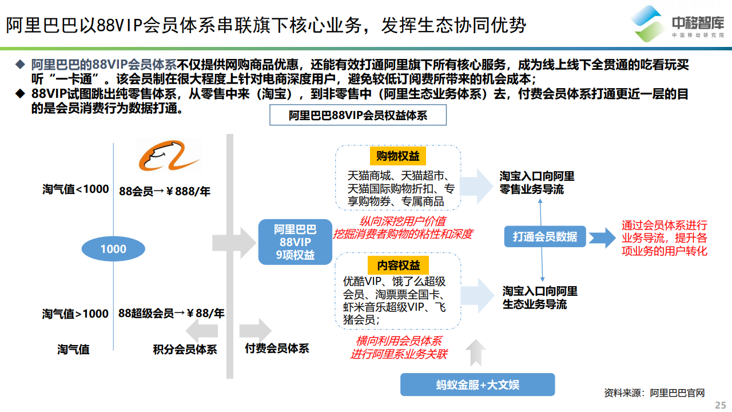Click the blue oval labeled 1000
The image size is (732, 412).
(x=113, y=249)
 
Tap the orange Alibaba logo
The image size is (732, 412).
(x=169, y=155)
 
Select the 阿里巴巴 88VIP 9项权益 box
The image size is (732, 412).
(x=295, y=242)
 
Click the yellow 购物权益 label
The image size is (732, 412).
(x=397, y=156)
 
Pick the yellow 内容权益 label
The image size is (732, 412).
(x=399, y=265)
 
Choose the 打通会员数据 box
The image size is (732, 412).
(x=545, y=236)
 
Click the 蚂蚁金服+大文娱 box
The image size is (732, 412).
(x=478, y=385)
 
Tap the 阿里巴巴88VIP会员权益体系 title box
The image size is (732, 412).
(x=358, y=115)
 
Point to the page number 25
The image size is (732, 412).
(x=720, y=405)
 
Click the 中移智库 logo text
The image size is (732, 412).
(x=698, y=23)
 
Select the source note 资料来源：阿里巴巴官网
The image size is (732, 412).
(x=654, y=393)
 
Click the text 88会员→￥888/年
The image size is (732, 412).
(x=164, y=191)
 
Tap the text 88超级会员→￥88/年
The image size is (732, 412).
(x=171, y=313)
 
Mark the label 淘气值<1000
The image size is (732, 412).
(x=75, y=189)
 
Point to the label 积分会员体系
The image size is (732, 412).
(x=185, y=349)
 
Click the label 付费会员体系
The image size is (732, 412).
(x=277, y=348)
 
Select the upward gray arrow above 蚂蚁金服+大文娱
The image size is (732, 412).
(x=476, y=353)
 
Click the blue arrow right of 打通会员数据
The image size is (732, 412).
(x=602, y=237)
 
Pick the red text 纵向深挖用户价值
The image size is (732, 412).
(x=403, y=221)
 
